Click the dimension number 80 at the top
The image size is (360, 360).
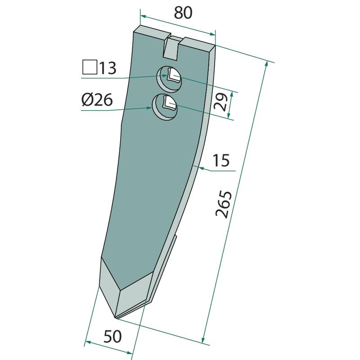click(x=183, y=13)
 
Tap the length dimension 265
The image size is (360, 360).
click(x=224, y=204)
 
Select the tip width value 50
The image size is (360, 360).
click(x=112, y=337)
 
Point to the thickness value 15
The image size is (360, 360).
click(x=221, y=160)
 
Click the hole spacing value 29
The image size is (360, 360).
click(x=220, y=102)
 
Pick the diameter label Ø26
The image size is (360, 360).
click(x=97, y=100)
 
